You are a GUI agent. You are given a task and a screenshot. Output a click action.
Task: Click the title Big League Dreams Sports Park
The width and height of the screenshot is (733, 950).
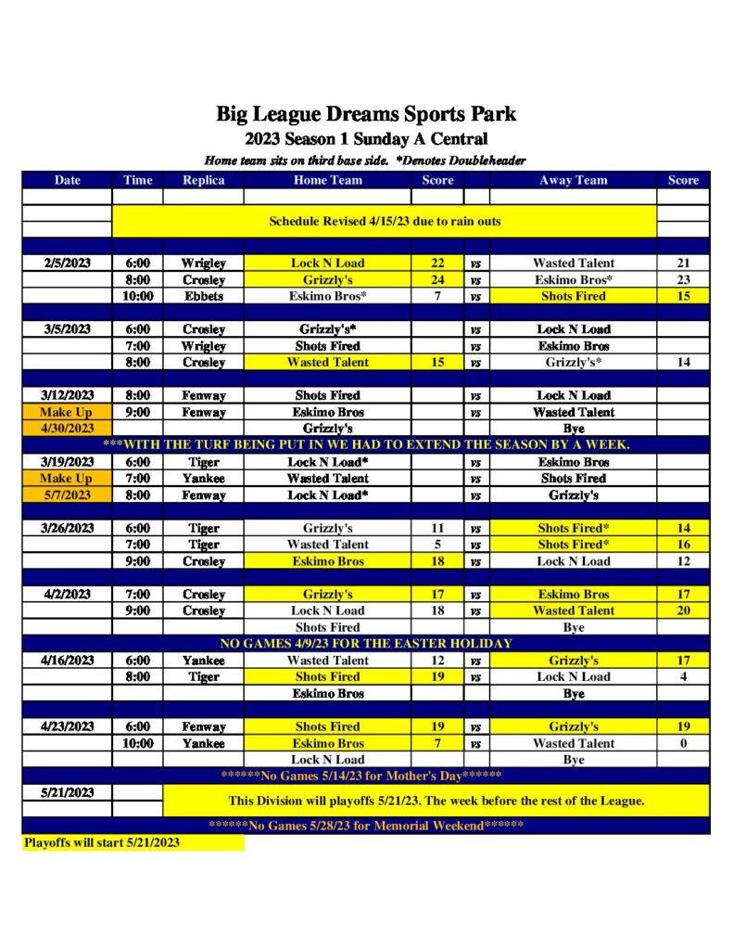[366, 115]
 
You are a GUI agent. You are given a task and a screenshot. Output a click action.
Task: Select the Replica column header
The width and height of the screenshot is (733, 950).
[203, 180]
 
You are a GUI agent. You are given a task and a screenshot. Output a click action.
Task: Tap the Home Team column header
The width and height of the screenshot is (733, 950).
[327, 180]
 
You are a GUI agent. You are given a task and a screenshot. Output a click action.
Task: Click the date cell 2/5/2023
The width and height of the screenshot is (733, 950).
[68, 263]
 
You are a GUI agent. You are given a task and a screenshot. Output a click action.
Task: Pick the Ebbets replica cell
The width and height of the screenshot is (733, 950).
[203, 296]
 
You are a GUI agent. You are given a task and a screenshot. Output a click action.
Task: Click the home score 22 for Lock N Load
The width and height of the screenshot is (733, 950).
[437, 263]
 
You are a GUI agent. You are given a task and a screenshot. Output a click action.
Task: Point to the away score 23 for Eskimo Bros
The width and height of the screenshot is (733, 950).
[683, 279]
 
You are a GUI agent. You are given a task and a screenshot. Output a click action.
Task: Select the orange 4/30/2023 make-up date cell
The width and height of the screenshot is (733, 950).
[68, 429]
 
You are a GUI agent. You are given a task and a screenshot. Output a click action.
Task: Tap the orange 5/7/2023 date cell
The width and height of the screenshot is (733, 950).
[68, 494]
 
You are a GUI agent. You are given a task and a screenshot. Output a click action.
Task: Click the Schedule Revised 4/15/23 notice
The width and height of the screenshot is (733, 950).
[384, 222]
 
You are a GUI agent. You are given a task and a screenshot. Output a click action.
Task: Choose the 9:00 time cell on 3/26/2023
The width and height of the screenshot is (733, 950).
[137, 561]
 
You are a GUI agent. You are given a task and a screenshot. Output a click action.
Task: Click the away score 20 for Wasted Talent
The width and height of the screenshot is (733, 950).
[683, 610]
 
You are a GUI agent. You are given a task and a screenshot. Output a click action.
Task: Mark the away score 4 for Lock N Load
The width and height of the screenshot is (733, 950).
[683, 676]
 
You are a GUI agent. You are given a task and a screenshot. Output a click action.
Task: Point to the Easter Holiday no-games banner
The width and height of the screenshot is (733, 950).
[366, 643]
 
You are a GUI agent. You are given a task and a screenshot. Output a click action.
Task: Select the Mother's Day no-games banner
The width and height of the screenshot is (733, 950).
[366, 776]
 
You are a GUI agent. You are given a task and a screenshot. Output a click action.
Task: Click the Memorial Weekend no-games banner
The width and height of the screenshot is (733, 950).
[366, 826]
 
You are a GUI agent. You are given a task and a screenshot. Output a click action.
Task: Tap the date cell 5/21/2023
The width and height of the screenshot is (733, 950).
[68, 793]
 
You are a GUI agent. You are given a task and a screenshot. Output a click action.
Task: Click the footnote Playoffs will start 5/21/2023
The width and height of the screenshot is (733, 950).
[102, 842]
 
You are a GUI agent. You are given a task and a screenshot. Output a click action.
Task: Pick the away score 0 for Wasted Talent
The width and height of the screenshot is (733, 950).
[683, 743]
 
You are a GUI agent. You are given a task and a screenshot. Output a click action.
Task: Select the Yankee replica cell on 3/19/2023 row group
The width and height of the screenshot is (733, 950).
[203, 478]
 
